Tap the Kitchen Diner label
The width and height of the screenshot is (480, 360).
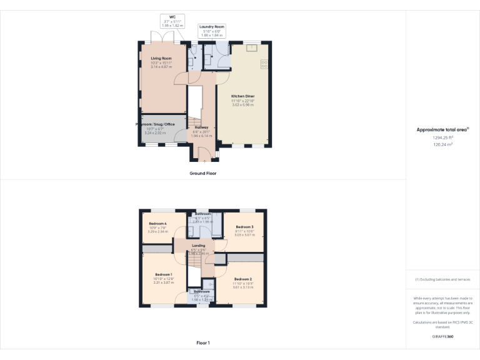[x=242, y=96]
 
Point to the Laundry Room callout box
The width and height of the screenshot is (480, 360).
[x=212, y=31]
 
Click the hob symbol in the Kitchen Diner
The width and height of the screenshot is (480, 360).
[x=264, y=62]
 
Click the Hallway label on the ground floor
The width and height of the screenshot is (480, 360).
[x=201, y=127]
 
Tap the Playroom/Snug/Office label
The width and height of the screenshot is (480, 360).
[x=161, y=124]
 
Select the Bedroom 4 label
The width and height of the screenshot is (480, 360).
[x=158, y=224]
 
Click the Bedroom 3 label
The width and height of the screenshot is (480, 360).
[x=244, y=226]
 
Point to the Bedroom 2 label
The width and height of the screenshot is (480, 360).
[x=243, y=278]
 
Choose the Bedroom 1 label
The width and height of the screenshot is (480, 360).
[x=163, y=274]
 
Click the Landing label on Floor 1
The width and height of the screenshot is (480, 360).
[x=198, y=246]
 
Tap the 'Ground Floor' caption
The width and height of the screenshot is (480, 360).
[x=202, y=173]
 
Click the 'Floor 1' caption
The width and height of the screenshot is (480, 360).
[x=202, y=343]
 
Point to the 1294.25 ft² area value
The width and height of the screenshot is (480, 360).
[x=442, y=137]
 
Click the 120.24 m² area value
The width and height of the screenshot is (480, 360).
[x=442, y=144]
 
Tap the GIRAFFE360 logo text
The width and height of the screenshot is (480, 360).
[x=442, y=336]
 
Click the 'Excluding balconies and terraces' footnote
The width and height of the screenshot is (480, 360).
[x=442, y=279]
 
